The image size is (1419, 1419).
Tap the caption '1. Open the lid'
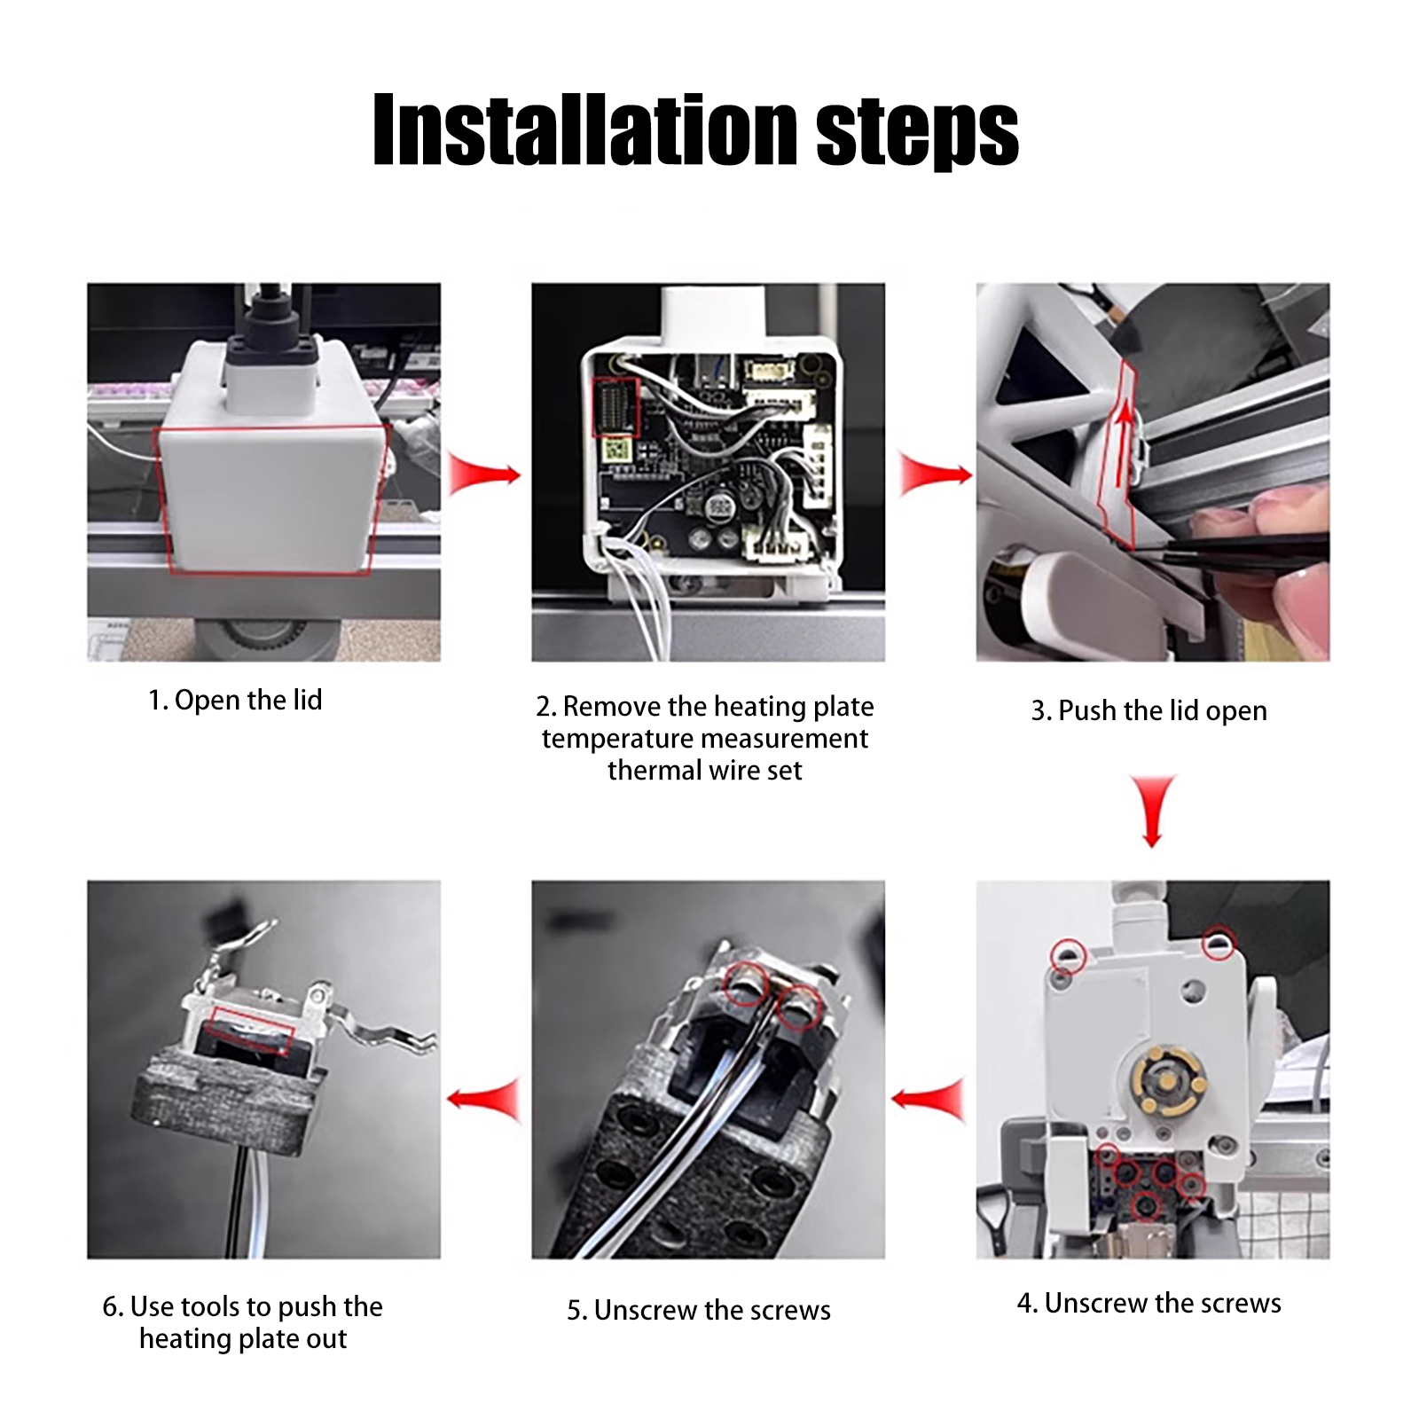point(235,701)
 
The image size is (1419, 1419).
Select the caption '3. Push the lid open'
point(1149,711)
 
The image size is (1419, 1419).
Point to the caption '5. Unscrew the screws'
point(699,1310)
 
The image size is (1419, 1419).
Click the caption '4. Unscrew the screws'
point(1149,1303)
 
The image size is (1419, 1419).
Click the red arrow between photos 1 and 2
point(484,474)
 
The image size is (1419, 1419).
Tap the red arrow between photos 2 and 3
point(936,474)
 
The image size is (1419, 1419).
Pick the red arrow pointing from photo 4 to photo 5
point(928,1101)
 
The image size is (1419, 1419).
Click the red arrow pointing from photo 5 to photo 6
point(483,1101)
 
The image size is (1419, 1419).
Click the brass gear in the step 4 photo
point(1168,1080)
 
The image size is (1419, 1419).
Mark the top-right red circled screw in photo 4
point(1219,942)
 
